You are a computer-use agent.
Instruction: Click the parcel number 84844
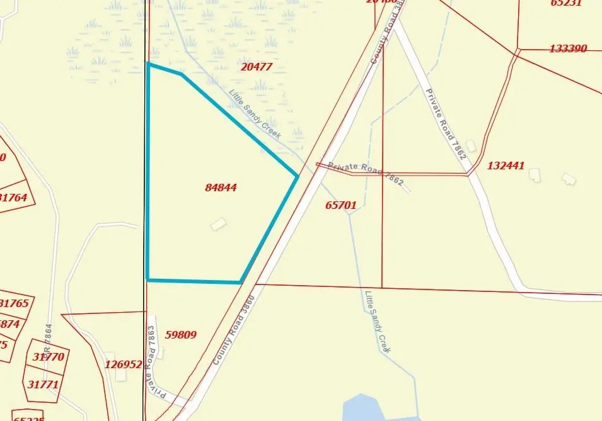point(221,188)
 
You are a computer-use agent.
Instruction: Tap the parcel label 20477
point(257,67)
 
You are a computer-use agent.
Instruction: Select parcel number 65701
point(341,205)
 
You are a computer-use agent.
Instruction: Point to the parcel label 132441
point(506,166)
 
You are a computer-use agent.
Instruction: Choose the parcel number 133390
point(568,48)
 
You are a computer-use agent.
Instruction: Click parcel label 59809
point(180,335)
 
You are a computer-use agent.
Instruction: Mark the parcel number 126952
point(124,364)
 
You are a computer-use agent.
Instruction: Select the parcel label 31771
point(43,384)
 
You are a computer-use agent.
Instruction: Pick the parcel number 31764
point(14,198)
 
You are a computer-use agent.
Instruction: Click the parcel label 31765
point(14,303)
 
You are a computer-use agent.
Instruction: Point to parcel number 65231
point(565,3)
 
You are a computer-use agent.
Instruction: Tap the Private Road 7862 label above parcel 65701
point(366,173)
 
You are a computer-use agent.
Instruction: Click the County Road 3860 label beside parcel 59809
point(233,330)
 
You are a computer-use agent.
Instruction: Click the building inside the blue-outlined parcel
point(218,223)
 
